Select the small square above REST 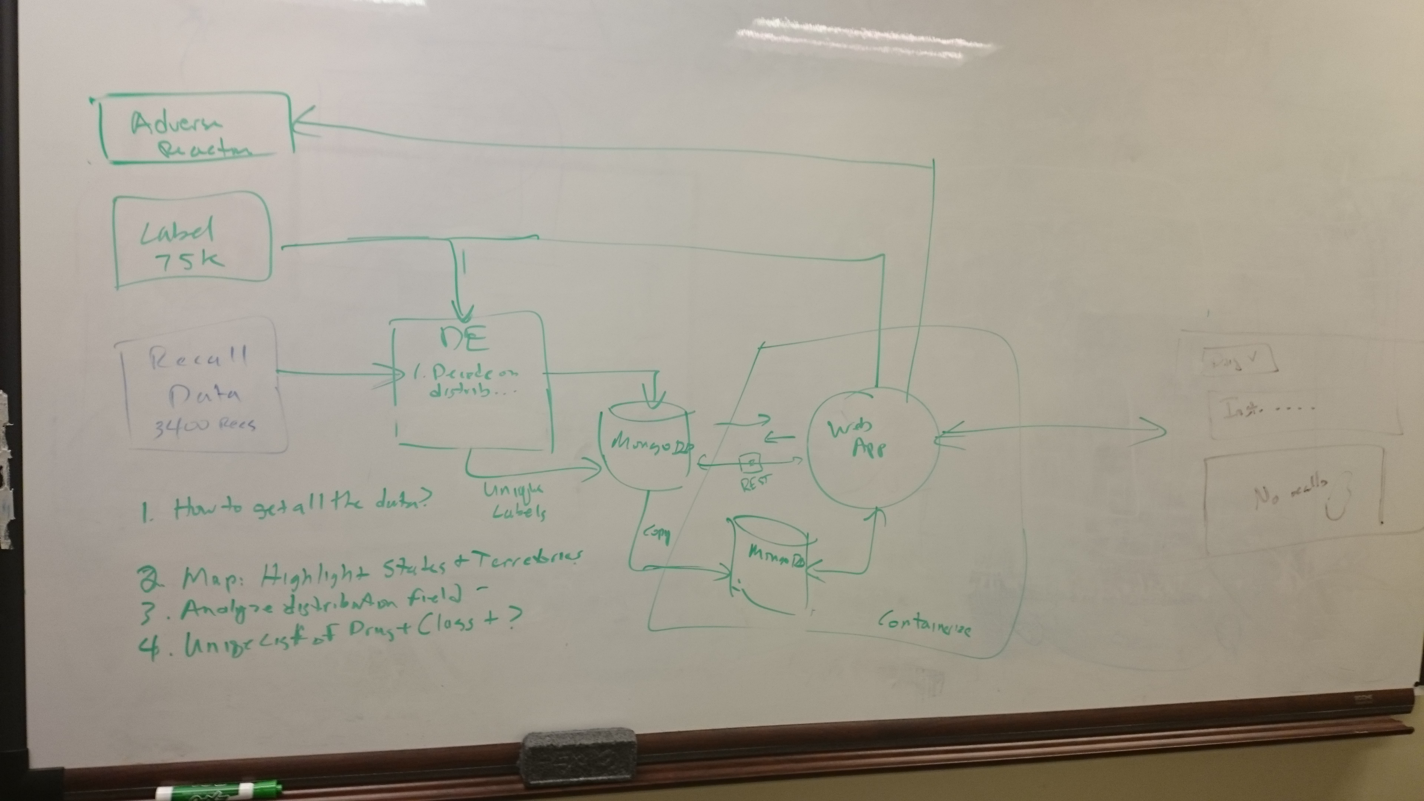[x=752, y=460]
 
